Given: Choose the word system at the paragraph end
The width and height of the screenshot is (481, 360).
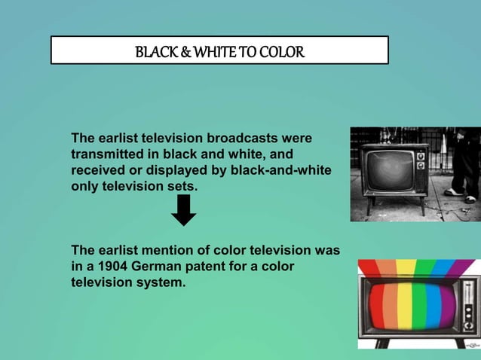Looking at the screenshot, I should tap(159, 282).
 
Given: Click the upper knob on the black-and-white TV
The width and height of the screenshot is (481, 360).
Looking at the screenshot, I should tap(421, 155).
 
